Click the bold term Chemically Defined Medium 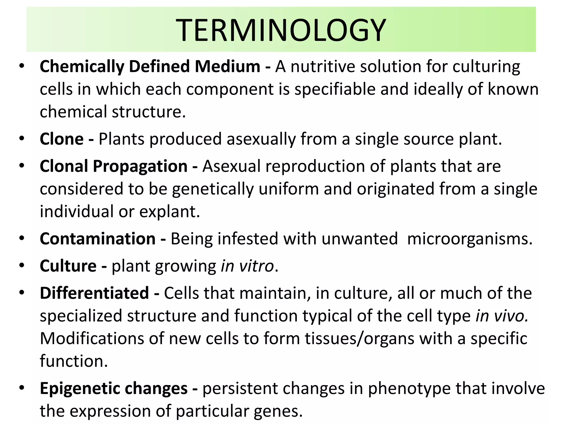150,67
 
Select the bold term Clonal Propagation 113,166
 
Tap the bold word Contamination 98,239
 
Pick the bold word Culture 68,266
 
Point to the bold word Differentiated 94,293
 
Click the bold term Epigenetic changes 114,388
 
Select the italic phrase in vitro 247,266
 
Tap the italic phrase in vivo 502,316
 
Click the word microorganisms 470,239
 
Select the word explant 169,212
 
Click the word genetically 213,189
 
